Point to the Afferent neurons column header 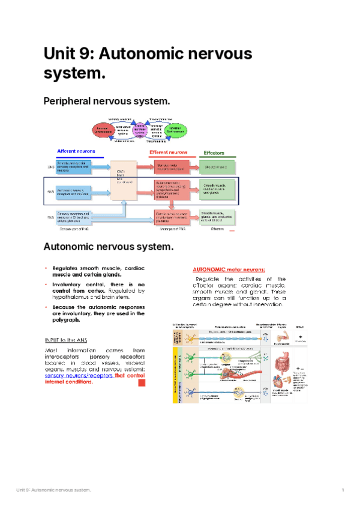click(78, 151)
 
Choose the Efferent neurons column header click(168, 152)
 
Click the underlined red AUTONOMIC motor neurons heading click(229, 270)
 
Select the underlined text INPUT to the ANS click(66, 340)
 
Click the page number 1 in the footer click(341, 491)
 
